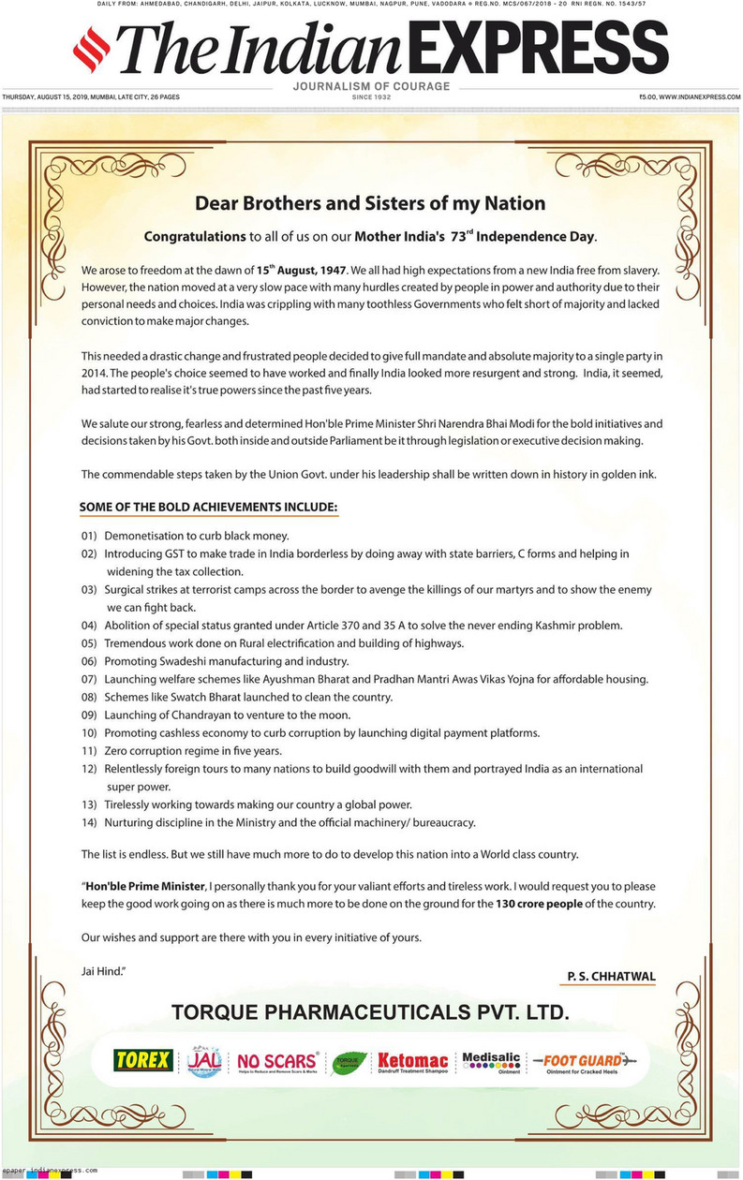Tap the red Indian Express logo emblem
click(92, 52)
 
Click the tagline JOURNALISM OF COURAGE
click(371, 86)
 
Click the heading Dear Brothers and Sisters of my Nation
click(370, 202)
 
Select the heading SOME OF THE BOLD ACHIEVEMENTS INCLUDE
click(208, 507)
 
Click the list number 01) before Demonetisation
click(89, 536)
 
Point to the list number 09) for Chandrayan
click(89, 715)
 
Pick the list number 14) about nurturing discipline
click(89, 822)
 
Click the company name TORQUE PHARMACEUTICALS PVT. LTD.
click(370, 1012)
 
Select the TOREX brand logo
click(142, 1060)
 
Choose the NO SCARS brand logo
click(277, 1061)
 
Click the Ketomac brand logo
click(413, 1061)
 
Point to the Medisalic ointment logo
click(491, 1061)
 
